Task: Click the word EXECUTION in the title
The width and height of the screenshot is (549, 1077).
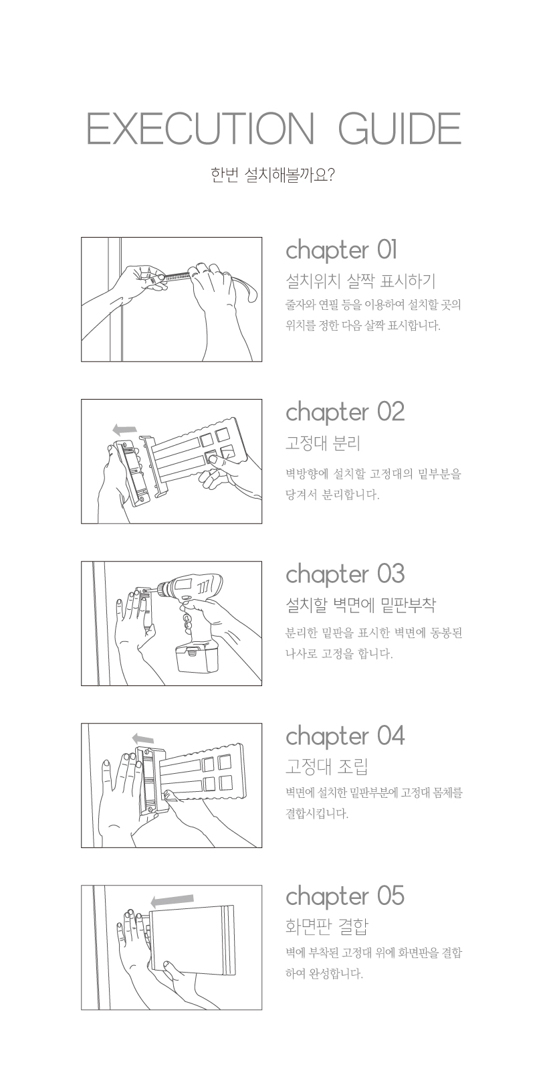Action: coord(199,129)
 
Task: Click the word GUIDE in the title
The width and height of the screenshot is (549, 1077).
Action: coord(400,129)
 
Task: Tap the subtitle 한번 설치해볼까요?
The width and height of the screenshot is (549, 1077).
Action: coord(273,174)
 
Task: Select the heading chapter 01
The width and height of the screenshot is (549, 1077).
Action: coord(342,250)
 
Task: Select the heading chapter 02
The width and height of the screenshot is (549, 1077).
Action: coord(345,412)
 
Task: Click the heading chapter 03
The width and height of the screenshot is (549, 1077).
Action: coord(345,574)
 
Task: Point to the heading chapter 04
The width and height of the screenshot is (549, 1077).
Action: coord(345,736)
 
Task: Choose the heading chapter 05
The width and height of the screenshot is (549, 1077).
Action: coord(345,897)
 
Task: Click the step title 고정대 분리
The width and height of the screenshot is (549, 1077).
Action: coord(323,443)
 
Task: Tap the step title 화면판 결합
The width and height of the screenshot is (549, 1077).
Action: coord(326,926)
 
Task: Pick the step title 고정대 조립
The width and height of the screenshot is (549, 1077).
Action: coord(326,766)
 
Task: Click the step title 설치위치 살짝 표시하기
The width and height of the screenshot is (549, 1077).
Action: coord(360,280)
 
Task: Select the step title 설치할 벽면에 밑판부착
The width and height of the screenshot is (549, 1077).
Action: coord(360,605)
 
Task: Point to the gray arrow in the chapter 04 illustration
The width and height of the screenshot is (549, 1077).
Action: coord(143,738)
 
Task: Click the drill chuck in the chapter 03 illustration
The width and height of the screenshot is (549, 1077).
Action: coord(162,589)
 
